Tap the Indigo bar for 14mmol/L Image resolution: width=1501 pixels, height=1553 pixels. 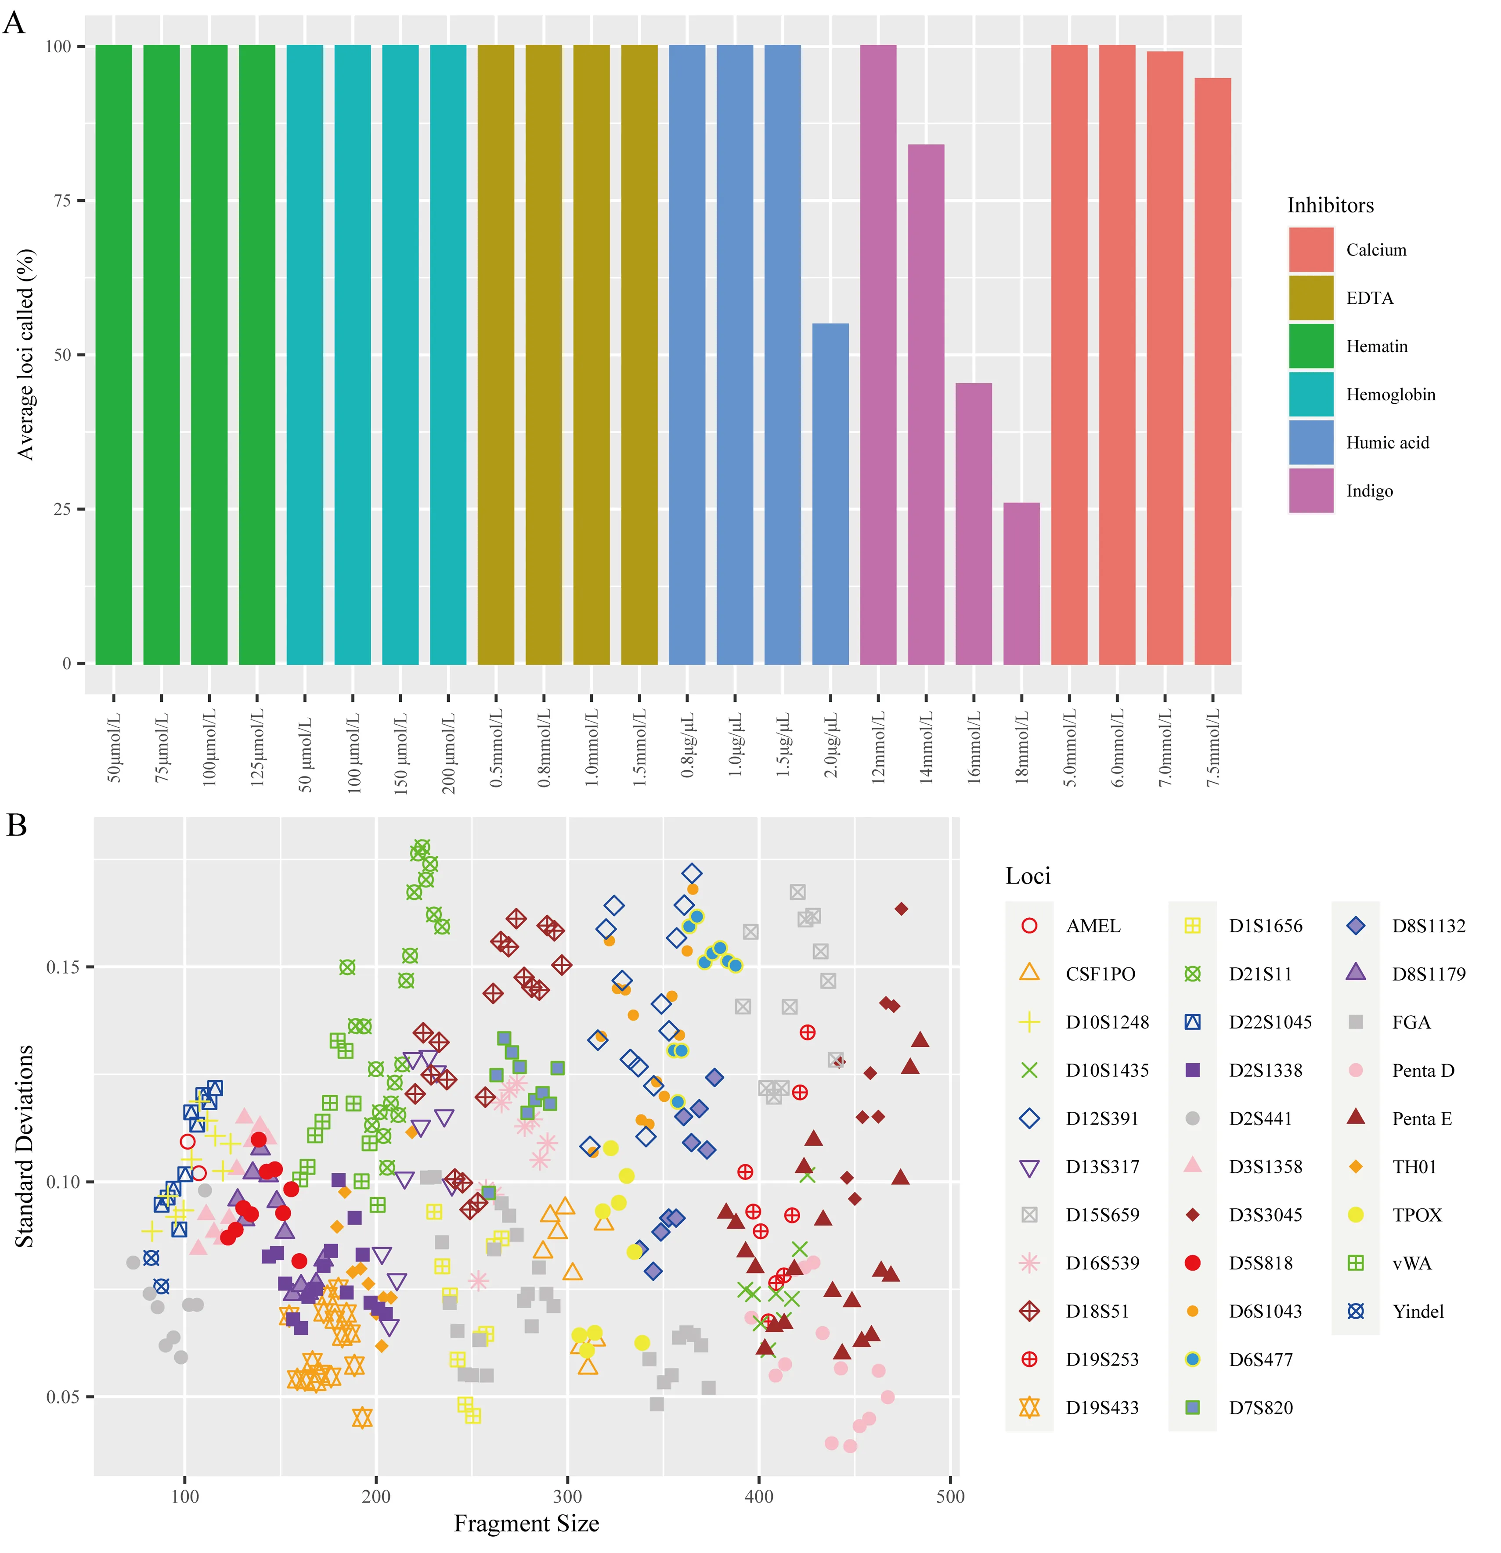926,404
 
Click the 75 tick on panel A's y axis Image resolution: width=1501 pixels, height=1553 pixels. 63,201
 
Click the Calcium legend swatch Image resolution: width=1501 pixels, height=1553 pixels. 1311,250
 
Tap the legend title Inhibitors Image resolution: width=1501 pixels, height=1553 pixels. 1330,205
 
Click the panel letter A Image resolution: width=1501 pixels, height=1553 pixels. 14,22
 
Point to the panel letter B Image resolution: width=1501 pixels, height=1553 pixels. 17,825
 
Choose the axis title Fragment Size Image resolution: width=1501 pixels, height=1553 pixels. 526,1523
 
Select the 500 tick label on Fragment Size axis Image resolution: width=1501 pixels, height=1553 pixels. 950,1496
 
